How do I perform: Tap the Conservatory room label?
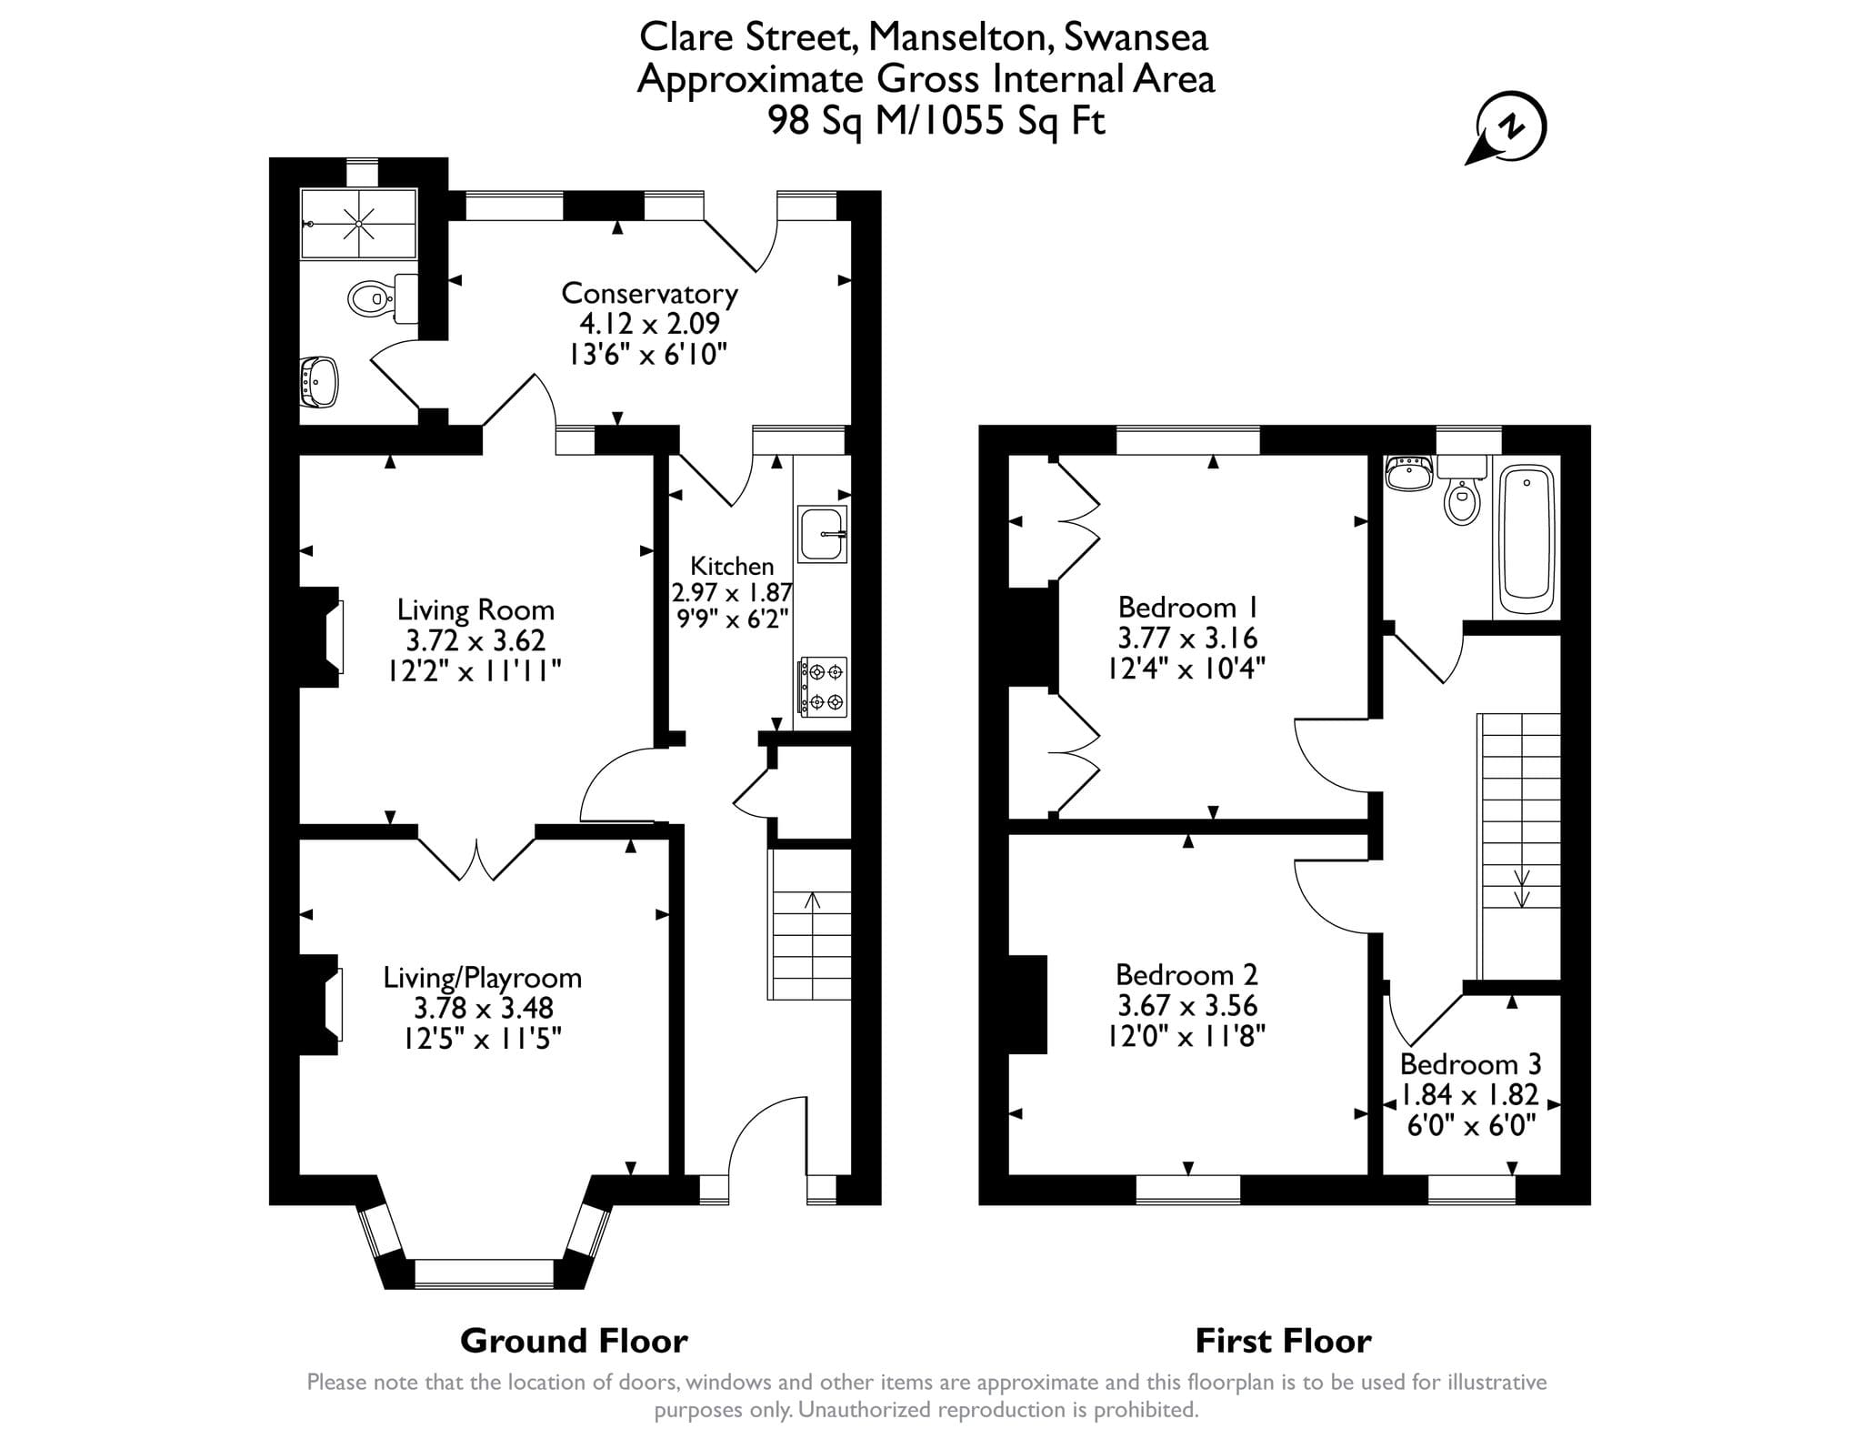pos(649,294)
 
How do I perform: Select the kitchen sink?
pos(823,534)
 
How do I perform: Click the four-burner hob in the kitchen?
pos(823,687)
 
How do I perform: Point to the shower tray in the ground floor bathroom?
pos(358,223)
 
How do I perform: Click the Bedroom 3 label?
pos(1470,1063)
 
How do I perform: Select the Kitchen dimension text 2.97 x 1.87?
pos(732,593)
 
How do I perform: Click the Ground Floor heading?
pos(574,1340)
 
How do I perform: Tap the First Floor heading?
pos(1283,1340)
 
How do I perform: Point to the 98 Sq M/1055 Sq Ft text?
pos(936,120)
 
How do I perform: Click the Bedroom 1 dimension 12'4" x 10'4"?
pos(1186,669)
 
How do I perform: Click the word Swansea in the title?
pos(1136,37)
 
